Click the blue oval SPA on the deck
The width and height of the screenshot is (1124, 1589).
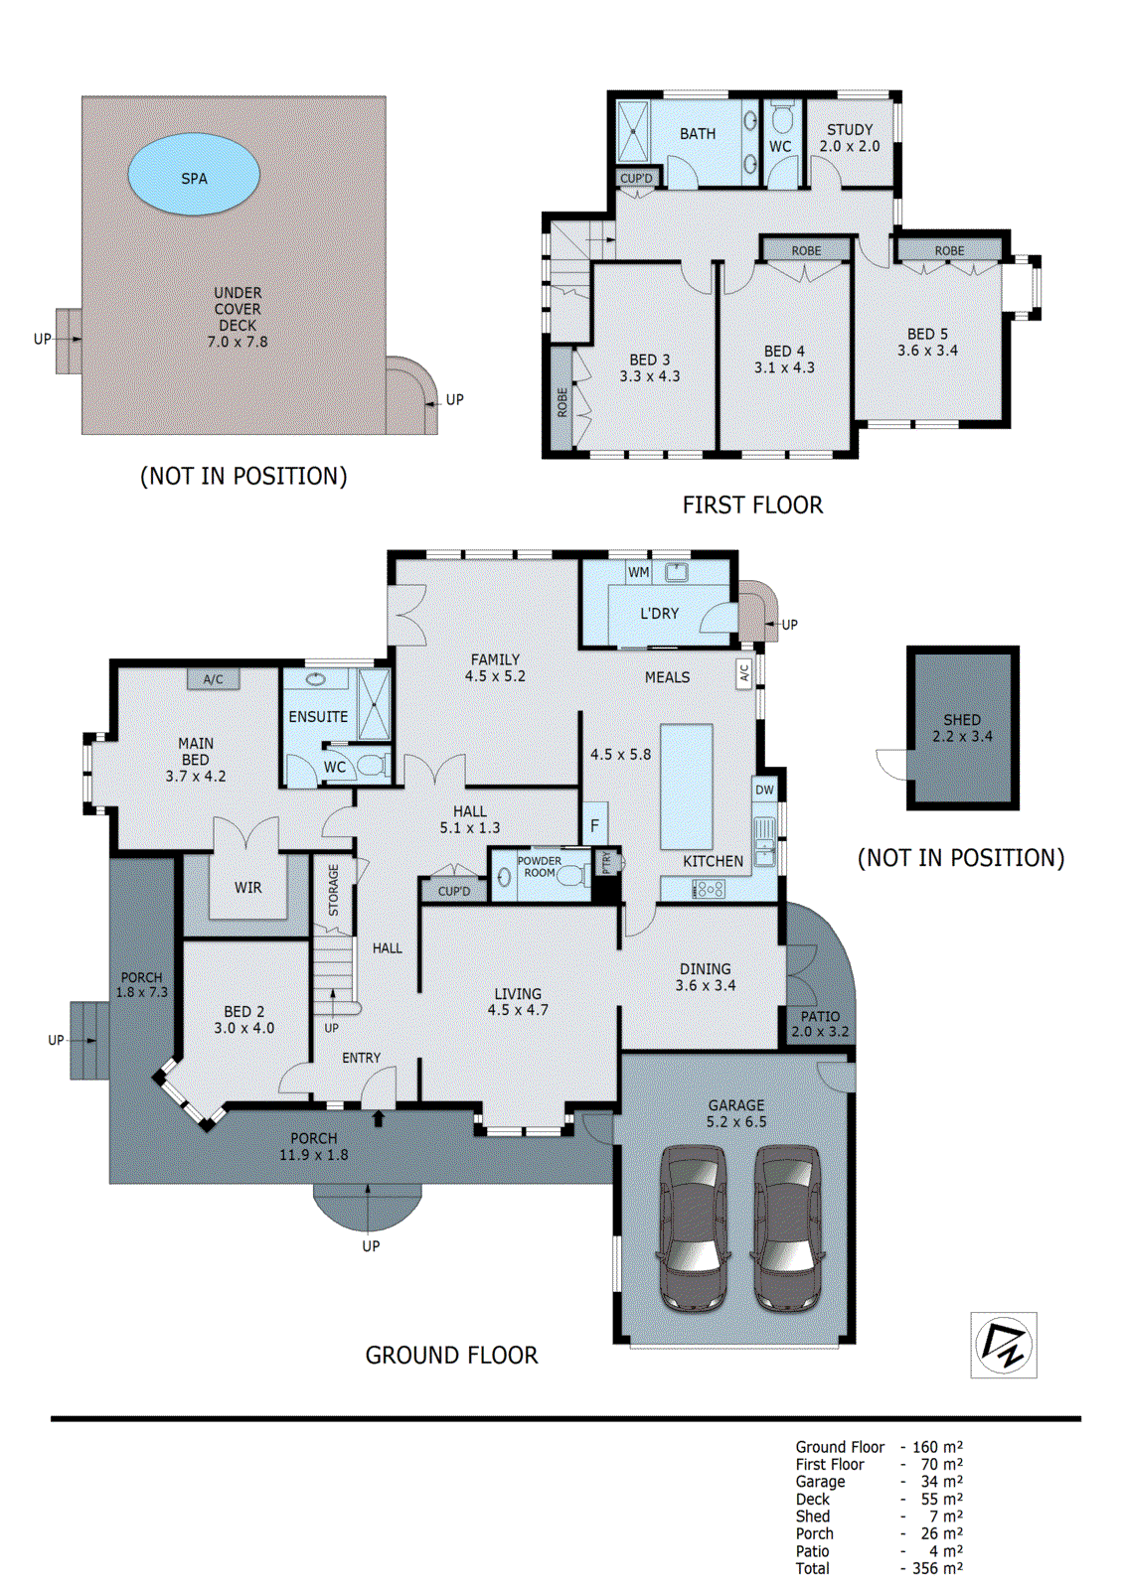point(194,175)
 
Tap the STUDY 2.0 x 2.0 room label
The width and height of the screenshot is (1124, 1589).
point(850,138)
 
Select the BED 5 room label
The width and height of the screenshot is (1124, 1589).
point(927,334)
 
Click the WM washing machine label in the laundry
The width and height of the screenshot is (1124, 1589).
point(638,572)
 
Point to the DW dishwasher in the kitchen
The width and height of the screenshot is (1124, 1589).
point(764,791)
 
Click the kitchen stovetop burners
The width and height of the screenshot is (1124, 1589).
point(708,890)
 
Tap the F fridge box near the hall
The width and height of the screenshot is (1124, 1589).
point(595,824)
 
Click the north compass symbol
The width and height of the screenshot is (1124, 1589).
point(1004,1346)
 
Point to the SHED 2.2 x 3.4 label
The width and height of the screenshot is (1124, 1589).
point(962,728)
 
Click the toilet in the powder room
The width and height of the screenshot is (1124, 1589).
point(572,878)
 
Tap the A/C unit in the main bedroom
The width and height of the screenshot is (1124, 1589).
point(213,679)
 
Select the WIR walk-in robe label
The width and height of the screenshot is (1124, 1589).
point(247,888)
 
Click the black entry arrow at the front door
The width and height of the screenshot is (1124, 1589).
point(379,1118)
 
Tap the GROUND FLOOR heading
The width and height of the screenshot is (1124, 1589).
point(451,1356)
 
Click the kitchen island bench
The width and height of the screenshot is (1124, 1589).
point(686,787)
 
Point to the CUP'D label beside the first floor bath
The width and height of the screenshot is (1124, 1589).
point(636,178)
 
